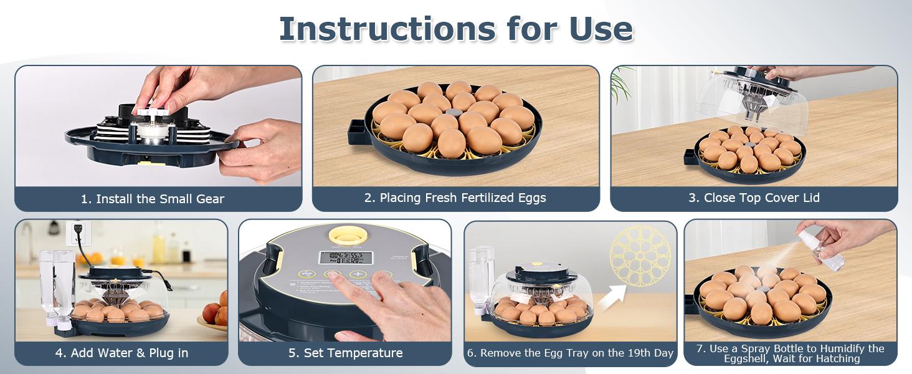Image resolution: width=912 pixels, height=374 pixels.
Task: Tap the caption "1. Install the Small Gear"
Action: click(153, 199)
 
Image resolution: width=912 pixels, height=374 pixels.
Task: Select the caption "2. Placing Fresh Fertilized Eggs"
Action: click(455, 198)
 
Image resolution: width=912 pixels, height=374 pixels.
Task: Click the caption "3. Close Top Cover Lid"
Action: click(754, 198)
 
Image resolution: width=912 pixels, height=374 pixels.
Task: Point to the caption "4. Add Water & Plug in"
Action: click(121, 353)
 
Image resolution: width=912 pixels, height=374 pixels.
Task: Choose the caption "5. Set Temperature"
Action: click(345, 353)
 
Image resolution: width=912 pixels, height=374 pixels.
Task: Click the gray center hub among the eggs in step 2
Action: click(451, 117)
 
